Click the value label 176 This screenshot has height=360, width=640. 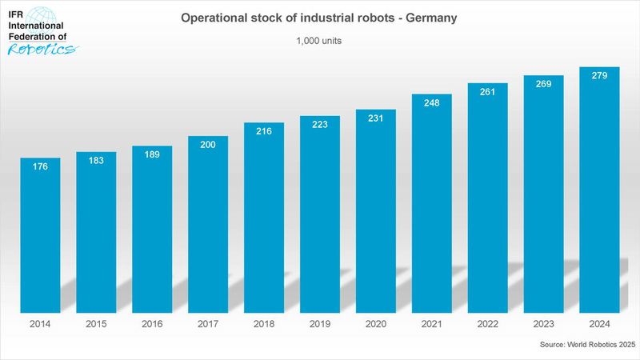tap(40, 167)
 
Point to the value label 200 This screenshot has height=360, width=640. tap(208, 146)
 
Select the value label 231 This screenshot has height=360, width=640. tap(376, 118)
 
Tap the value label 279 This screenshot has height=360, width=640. tap(599, 76)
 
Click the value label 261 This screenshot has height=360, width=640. tap(488, 92)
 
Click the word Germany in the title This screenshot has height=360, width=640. tap(430, 18)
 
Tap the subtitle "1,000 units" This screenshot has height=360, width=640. tap(320, 41)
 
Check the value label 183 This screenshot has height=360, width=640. tap(96, 161)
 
